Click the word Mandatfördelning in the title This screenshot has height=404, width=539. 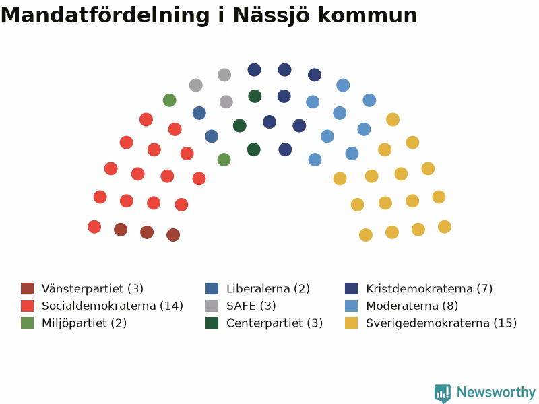point(105,15)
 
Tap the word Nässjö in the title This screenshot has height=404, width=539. point(272,15)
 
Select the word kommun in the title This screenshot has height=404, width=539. point(367,15)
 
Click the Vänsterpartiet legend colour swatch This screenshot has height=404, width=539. point(27,289)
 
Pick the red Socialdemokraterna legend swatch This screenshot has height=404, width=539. point(27,306)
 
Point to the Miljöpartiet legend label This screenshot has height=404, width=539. point(84,323)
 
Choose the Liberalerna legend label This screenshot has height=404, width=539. point(268,289)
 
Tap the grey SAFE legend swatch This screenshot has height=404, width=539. point(212,306)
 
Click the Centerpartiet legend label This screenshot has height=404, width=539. point(275,323)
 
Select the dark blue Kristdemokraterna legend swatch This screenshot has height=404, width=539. point(351,289)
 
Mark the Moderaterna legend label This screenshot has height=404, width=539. point(412,306)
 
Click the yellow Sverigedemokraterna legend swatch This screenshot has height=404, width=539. point(351,323)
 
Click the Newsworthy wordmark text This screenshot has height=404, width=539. point(496,392)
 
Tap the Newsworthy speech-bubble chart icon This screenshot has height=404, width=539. point(443,393)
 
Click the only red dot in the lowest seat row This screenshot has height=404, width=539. point(94,227)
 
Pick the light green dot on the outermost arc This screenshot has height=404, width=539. point(170,100)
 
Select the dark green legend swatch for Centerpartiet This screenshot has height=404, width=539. point(212,323)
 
